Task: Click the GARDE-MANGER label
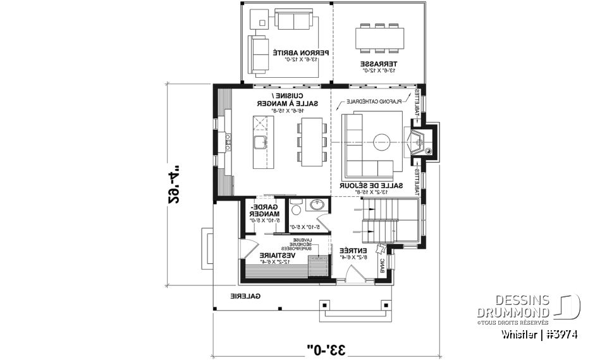(x=261, y=213)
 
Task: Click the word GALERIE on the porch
(x=246, y=295)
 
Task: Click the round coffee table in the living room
(x=382, y=140)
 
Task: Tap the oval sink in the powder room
(x=318, y=206)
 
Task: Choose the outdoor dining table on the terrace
(x=379, y=38)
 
